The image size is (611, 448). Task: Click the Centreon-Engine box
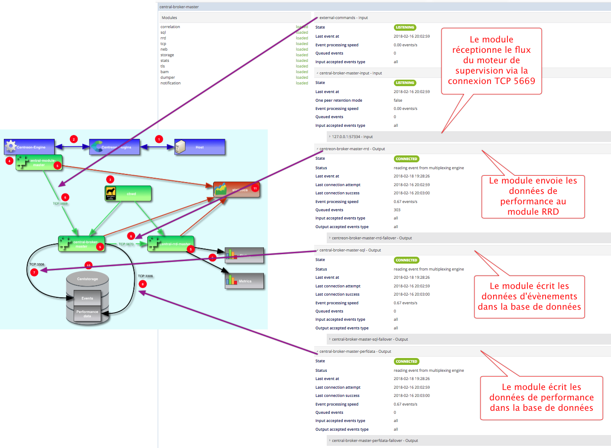tap(29, 147)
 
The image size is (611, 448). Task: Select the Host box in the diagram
tap(200, 147)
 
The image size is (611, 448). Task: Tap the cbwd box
tap(128, 193)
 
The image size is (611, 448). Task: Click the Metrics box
tap(244, 281)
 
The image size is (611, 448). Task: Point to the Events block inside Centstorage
tap(87, 298)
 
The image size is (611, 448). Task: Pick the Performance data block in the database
tap(87, 314)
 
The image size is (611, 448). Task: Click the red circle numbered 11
tap(255, 188)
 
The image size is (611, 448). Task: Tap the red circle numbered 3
tap(110, 179)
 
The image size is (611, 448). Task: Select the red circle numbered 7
tap(34, 272)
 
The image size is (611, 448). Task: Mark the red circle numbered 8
tap(143, 284)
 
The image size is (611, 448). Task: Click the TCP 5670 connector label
tap(126, 244)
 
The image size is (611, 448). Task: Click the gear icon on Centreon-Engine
tap(11, 146)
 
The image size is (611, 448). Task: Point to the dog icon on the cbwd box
tap(111, 193)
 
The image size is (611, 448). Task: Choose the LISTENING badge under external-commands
tap(405, 27)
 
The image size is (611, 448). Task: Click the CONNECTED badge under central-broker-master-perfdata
tap(406, 361)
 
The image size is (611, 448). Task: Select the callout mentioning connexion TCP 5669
tap(491, 61)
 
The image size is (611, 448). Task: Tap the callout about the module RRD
tap(533, 196)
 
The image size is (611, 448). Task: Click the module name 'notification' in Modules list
tap(171, 83)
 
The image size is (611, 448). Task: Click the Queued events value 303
tap(397, 210)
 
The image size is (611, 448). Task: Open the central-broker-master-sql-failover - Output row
tap(370, 339)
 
